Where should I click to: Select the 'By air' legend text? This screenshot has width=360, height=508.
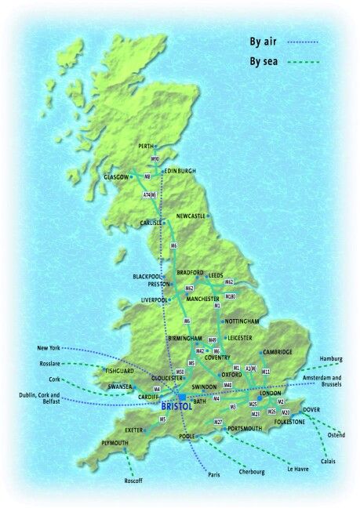[x=265, y=38]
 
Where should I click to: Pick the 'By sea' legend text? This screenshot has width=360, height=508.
[x=265, y=60]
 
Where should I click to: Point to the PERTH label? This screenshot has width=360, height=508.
[x=146, y=146]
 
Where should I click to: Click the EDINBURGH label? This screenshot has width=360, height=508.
[x=179, y=170]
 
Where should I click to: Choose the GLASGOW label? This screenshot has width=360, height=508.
[x=115, y=177]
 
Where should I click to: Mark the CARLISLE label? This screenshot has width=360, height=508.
[x=151, y=223]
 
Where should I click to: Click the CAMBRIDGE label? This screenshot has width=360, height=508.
[x=278, y=352]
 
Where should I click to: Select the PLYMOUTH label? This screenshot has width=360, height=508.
[x=115, y=444]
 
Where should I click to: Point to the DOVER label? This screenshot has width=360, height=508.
[x=311, y=409]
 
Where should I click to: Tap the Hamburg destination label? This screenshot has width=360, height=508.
[x=331, y=358]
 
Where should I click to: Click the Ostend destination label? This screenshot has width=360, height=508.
[x=336, y=434]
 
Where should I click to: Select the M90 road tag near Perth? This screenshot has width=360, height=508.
[x=155, y=159]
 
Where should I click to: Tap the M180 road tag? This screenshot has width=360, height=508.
[x=230, y=297]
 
